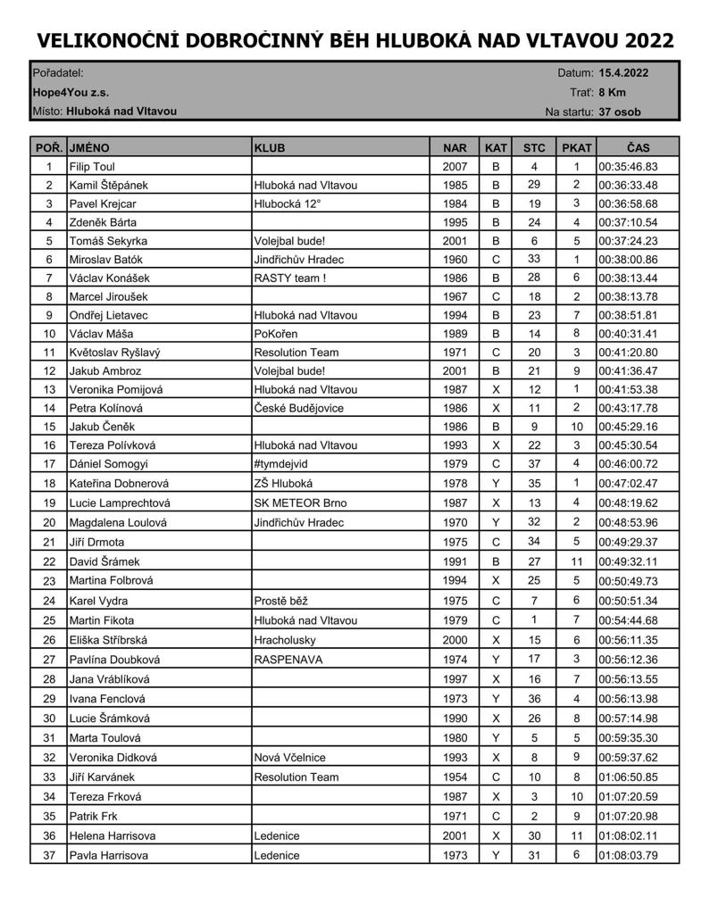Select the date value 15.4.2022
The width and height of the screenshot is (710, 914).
click(623, 73)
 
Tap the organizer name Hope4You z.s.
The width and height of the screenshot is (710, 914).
click(71, 92)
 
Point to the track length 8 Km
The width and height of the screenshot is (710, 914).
click(612, 92)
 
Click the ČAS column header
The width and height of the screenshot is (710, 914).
click(638, 147)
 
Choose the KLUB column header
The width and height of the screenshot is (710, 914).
click(270, 147)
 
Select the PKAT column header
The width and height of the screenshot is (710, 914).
click(576, 147)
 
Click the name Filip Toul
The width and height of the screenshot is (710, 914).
click(92, 167)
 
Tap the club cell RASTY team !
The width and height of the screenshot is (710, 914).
click(289, 278)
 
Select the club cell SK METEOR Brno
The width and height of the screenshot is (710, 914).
click(300, 503)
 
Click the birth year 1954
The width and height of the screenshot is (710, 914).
click(454, 777)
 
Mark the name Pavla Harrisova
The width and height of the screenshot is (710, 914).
click(108, 855)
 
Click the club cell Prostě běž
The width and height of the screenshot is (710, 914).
click(280, 601)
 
